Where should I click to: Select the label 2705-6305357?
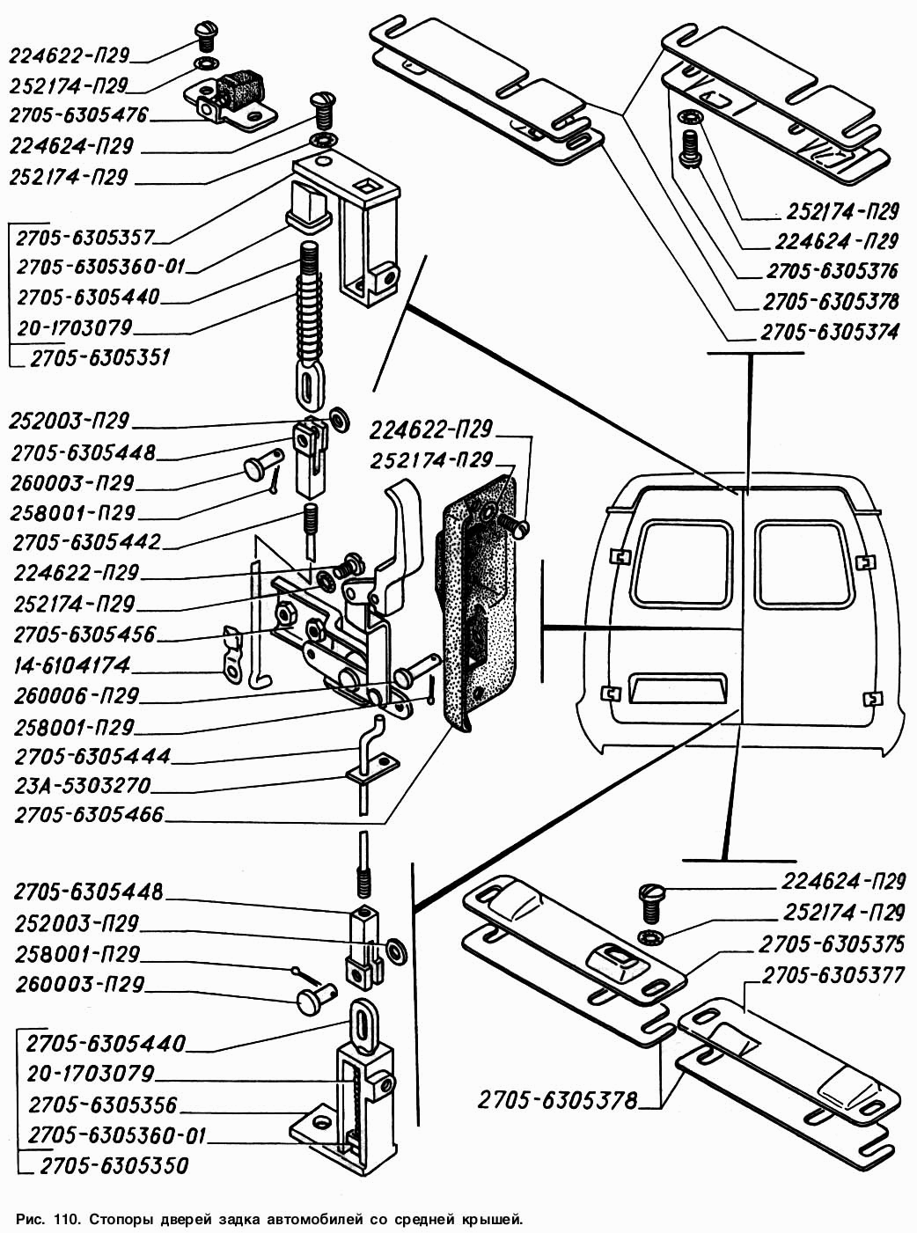(x=85, y=238)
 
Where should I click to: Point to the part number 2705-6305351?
(x=99, y=358)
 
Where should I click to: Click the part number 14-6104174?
(x=72, y=664)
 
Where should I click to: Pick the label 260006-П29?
(x=77, y=696)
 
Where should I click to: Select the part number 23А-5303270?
(x=83, y=785)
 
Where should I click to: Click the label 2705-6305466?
(x=89, y=815)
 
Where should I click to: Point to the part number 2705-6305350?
(x=114, y=1166)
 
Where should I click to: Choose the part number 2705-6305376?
(x=832, y=271)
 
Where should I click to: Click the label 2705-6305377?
(x=833, y=975)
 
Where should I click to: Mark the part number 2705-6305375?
(x=831, y=944)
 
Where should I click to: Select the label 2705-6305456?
(x=84, y=635)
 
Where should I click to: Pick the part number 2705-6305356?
(x=103, y=1105)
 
